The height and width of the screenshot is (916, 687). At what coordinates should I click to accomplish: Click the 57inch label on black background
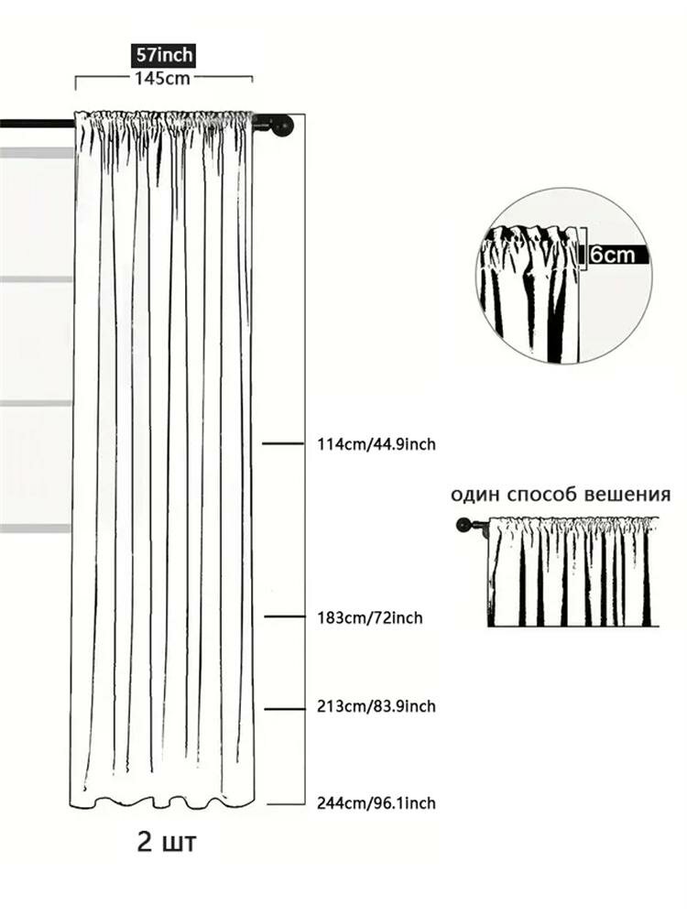pyautogui.click(x=163, y=55)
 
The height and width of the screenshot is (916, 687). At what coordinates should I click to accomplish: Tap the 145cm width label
pyautogui.click(x=163, y=78)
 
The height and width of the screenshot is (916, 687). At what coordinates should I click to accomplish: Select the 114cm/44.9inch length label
pyautogui.click(x=376, y=444)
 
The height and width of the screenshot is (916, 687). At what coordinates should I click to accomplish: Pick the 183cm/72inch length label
pyautogui.click(x=370, y=617)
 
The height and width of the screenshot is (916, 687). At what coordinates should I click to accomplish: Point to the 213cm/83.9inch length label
pyautogui.click(x=376, y=706)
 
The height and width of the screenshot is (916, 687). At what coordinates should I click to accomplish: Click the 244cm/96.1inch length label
pyautogui.click(x=376, y=803)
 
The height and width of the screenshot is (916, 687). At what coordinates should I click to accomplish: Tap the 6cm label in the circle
pyautogui.click(x=612, y=255)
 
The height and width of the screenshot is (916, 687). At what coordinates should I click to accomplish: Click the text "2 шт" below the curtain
pyautogui.click(x=167, y=842)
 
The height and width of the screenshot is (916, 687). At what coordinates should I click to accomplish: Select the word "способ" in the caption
pyautogui.click(x=540, y=495)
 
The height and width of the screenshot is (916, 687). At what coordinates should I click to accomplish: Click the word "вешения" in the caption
pyautogui.click(x=625, y=495)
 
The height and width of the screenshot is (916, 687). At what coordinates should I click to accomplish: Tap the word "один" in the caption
pyautogui.click(x=475, y=495)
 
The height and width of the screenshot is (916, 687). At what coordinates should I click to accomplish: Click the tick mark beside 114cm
pyautogui.click(x=283, y=444)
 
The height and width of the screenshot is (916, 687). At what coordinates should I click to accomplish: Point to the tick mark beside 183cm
pyautogui.click(x=284, y=616)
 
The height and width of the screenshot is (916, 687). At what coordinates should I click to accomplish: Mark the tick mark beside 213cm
pyautogui.click(x=284, y=709)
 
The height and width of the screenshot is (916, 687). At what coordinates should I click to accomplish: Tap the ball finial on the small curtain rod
pyautogui.click(x=463, y=524)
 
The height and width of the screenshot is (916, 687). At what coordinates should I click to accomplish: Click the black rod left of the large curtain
pyautogui.click(x=37, y=124)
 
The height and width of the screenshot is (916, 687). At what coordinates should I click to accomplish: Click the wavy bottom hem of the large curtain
pyautogui.click(x=163, y=801)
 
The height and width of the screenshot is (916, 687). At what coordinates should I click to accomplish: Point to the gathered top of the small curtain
pyautogui.click(x=573, y=525)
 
